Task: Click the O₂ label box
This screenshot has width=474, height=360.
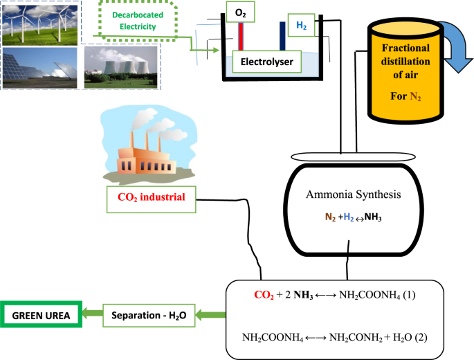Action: tap(240, 12)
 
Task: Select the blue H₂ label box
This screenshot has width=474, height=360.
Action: tap(301, 25)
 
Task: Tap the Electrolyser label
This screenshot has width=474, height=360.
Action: tap(267, 62)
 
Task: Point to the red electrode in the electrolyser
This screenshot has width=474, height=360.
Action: tap(241, 36)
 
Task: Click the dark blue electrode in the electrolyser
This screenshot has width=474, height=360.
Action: tap(282, 36)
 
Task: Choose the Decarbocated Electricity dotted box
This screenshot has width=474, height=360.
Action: tap(138, 21)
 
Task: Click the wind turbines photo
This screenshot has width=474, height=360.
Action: tap(39, 25)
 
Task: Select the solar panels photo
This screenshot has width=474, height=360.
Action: tap(39, 68)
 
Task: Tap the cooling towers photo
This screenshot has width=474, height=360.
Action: tap(120, 67)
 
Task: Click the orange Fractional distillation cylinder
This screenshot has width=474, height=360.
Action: tap(405, 73)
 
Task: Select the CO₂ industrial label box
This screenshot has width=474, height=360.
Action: tap(151, 199)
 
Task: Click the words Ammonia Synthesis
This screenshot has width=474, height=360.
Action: tap(354, 195)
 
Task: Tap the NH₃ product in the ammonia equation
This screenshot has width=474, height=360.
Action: tap(373, 217)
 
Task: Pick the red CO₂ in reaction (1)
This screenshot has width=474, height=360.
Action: tap(264, 295)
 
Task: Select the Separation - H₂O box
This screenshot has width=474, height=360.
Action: tap(149, 316)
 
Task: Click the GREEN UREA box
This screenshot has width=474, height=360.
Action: tap(41, 314)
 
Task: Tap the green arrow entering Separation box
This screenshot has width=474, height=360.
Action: tap(210, 315)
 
